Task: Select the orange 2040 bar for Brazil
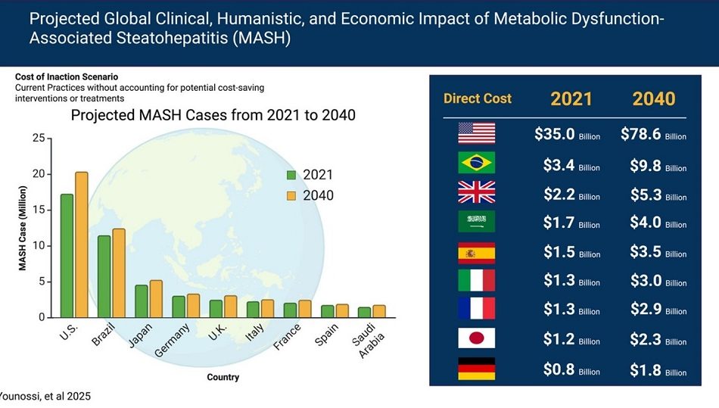coord(118,273)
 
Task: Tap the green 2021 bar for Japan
coord(141,301)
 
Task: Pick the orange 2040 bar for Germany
coord(193,306)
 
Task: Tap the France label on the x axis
coord(287,337)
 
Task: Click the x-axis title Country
coord(223,377)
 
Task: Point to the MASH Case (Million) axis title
coord(23,228)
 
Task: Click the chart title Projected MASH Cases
coord(213,115)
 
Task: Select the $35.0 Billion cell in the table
coord(567,135)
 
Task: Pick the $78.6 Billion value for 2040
coord(653,135)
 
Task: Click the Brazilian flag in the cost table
coord(477,162)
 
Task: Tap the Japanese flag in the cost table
coord(477,339)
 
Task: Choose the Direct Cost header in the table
coord(478,98)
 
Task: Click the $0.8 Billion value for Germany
coord(567,370)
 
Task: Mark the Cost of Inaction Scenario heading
coord(67,77)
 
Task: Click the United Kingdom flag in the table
coord(477,192)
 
